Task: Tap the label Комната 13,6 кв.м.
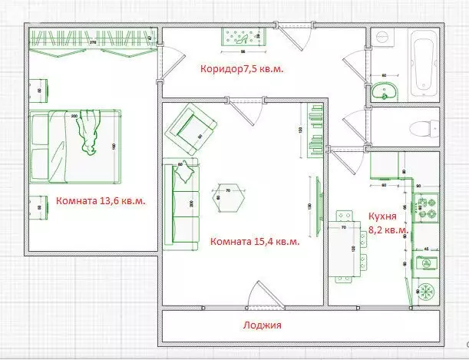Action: click(x=101, y=201)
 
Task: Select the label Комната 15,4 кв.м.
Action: click(x=254, y=241)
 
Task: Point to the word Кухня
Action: click(x=381, y=216)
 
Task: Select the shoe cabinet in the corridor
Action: click(x=246, y=37)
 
